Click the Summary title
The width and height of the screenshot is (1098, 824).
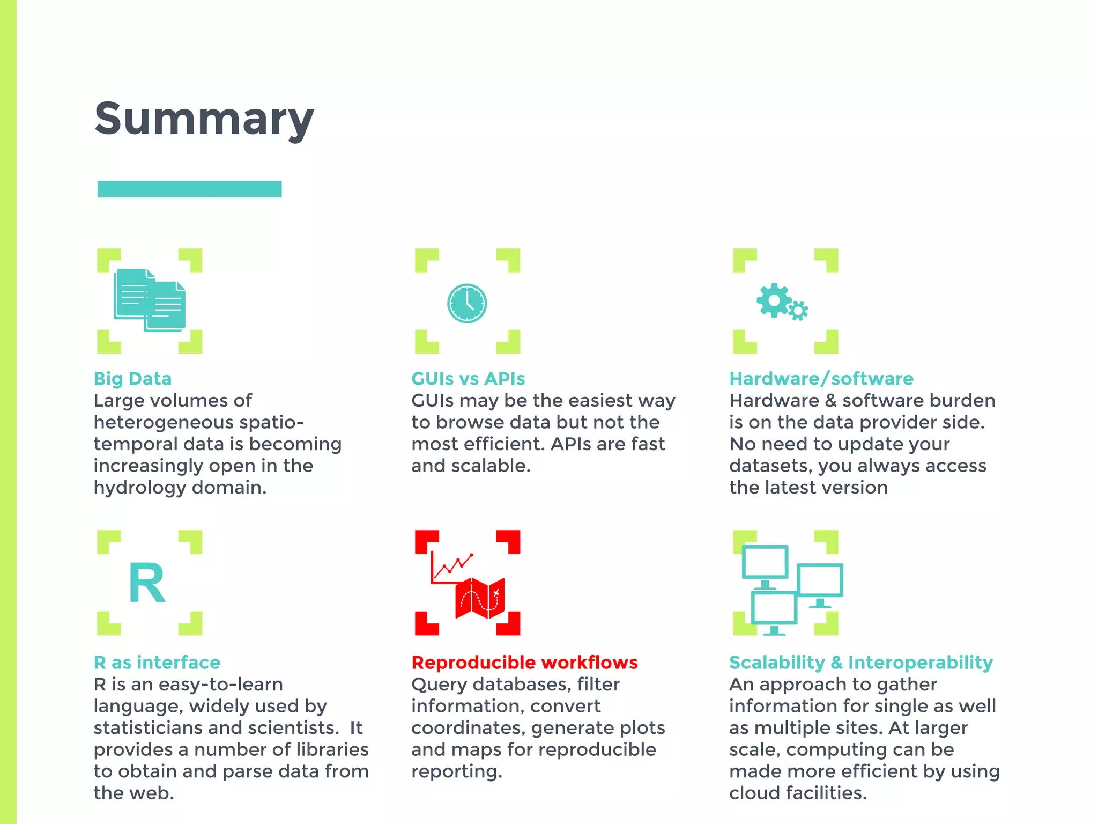tap(204, 119)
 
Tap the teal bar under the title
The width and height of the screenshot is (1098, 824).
tap(189, 189)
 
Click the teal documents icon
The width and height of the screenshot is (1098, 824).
tap(150, 300)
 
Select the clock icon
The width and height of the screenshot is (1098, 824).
tap(467, 303)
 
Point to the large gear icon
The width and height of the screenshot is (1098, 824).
tap(774, 300)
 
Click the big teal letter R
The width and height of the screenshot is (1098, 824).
tap(146, 583)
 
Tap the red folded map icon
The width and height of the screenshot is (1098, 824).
tap(480, 598)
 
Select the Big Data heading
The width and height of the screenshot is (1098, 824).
tap(132, 379)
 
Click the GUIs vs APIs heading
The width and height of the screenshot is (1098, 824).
tap(468, 379)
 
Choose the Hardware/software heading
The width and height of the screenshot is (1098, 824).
tap(821, 379)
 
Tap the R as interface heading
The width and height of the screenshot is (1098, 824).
tap(157, 663)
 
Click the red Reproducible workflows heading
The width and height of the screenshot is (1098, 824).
tap(524, 663)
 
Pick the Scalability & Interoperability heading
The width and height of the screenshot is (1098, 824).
tap(860, 663)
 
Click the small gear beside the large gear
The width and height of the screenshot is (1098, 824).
tap(798, 311)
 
